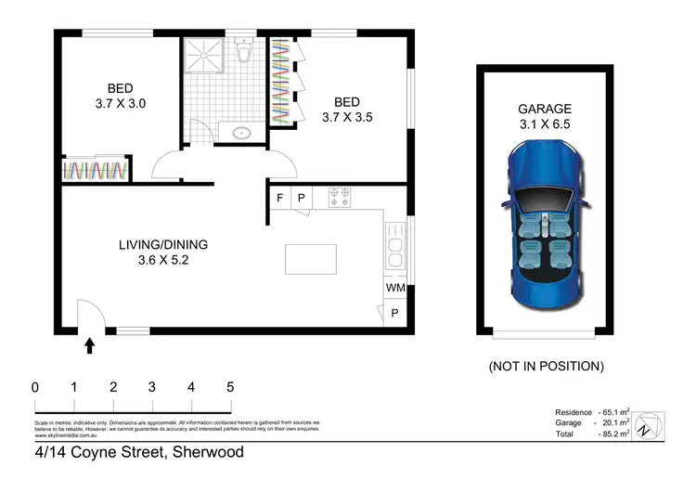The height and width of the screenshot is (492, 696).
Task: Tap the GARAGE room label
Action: (x=545, y=108)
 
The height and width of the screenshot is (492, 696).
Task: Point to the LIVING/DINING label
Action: (x=162, y=245)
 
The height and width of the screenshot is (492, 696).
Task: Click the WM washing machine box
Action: (x=394, y=288)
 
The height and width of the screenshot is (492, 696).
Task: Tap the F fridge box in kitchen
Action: (x=280, y=198)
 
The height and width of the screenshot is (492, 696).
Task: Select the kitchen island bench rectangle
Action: (x=311, y=259)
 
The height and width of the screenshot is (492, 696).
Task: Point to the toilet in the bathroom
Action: (x=244, y=54)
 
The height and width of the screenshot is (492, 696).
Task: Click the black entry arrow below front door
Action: (x=89, y=346)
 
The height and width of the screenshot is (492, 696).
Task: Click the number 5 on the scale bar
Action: (x=229, y=387)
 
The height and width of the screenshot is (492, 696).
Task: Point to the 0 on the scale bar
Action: (x=34, y=387)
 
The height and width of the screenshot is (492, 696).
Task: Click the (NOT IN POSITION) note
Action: (x=546, y=366)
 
